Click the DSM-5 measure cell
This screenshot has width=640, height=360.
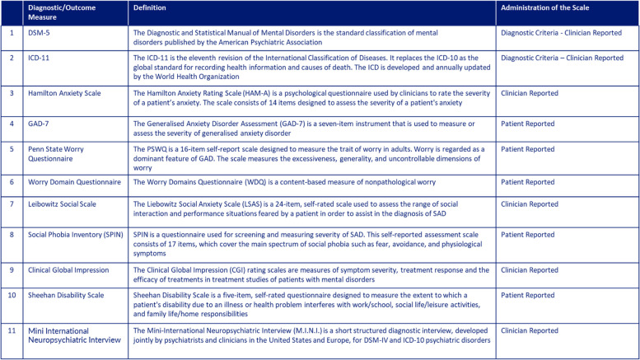tap(39, 35)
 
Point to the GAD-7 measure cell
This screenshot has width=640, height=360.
tap(40, 123)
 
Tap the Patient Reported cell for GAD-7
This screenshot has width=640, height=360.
tap(528, 123)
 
